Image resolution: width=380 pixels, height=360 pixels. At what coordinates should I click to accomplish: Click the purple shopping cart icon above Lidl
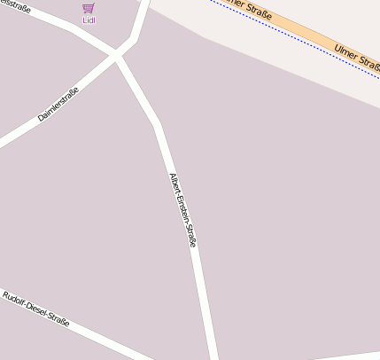(x=88, y=8)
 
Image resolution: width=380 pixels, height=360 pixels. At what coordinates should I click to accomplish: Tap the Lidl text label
(x=88, y=20)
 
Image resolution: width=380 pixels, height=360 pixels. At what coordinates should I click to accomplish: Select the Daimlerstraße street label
(x=58, y=104)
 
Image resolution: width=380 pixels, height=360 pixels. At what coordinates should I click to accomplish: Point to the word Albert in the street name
(x=174, y=184)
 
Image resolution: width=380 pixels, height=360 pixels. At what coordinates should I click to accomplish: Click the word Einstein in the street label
(x=182, y=209)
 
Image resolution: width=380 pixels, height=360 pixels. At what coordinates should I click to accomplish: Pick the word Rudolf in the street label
(x=15, y=299)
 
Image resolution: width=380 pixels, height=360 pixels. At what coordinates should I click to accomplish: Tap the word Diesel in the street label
(x=36, y=309)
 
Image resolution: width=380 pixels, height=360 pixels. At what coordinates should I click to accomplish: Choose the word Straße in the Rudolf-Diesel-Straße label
(x=58, y=320)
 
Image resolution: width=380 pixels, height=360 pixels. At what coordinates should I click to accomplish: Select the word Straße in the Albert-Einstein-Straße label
(x=190, y=236)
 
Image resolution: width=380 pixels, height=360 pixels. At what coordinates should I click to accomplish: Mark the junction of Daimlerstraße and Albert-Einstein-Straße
(x=116, y=56)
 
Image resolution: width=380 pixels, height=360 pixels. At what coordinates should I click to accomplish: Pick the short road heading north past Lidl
(x=140, y=22)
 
